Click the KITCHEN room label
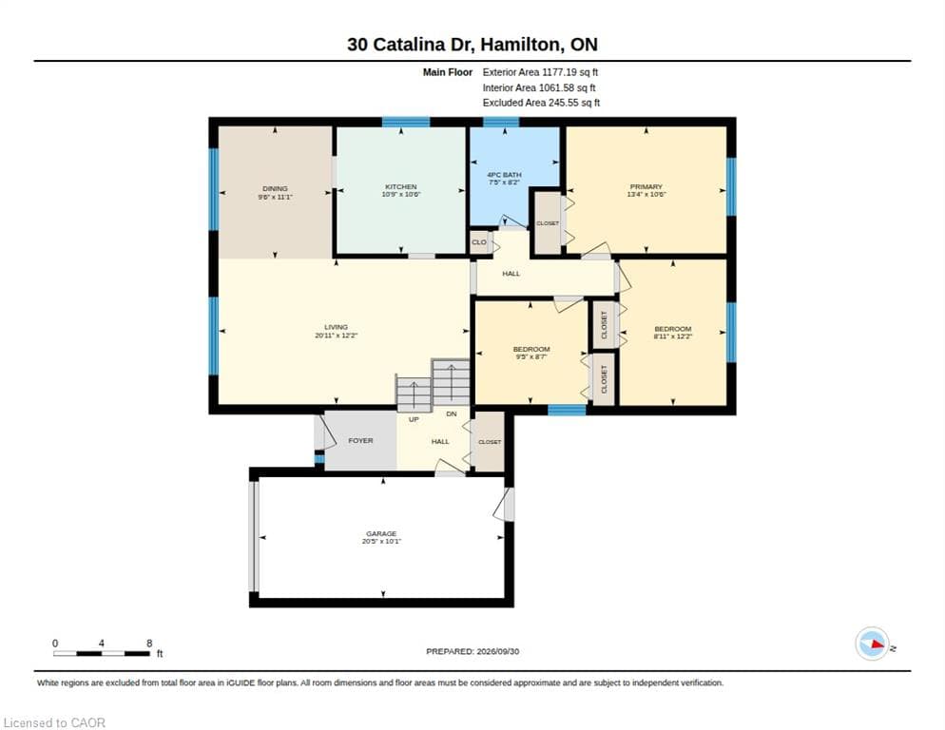pos(401,187)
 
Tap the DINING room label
pos(275,189)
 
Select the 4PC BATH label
pos(504,175)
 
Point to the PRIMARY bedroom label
pos(646,187)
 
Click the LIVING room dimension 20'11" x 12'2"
pos(337,336)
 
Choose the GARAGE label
pos(381,533)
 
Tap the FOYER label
pos(360,441)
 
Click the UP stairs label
pos(414,419)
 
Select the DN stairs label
pos(452,413)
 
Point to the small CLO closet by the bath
pos(479,242)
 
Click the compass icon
pos(872,644)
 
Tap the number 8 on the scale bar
pos(149,644)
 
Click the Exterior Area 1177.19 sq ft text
pos(540,72)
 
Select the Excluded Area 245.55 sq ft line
pos(541,103)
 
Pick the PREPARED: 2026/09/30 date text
pos(472,651)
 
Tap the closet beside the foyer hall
pos(490,442)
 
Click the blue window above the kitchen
pos(406,122)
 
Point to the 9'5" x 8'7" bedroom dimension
pos(530,356)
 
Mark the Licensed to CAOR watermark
pos(54,722)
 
